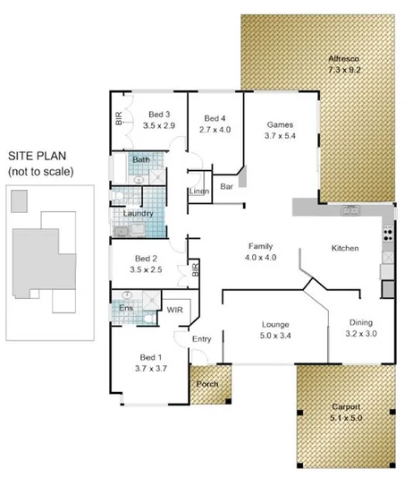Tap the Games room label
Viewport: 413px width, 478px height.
tap(280, 124)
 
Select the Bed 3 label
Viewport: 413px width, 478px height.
tap(159, 115)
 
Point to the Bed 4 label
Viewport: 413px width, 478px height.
tap(215, 118)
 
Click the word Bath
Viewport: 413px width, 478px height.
tap(141, 160)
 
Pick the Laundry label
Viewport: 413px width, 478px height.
tap(138, 214)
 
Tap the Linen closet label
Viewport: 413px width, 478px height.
tap(199, 192)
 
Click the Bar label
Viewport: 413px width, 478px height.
tap(226, 187)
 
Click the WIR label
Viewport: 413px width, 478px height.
tap(175, 310)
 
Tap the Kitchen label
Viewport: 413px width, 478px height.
tap(345, 247)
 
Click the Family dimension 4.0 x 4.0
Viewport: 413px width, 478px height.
tap(260, 257)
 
